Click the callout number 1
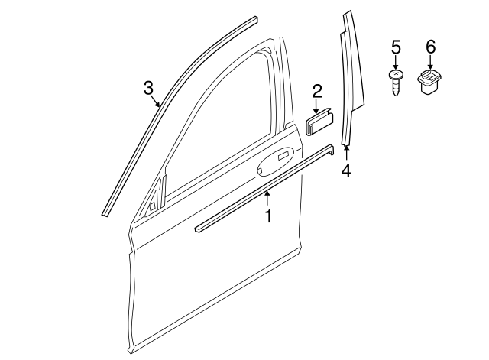click(x=268, y=216)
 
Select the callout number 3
click(x=149, y=89)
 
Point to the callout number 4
click(x=346, y=170)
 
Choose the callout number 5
click(x=396, y=48)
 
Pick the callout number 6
click(x=430, y=48)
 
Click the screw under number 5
click(x=396, y=83)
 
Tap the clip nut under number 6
click(x=429, y=82)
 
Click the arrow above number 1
click(x=267, y=199)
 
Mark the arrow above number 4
click(x=346, y=151)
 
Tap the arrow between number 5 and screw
click(x=396, y=63)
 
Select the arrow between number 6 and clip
click(x=430, y=63)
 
